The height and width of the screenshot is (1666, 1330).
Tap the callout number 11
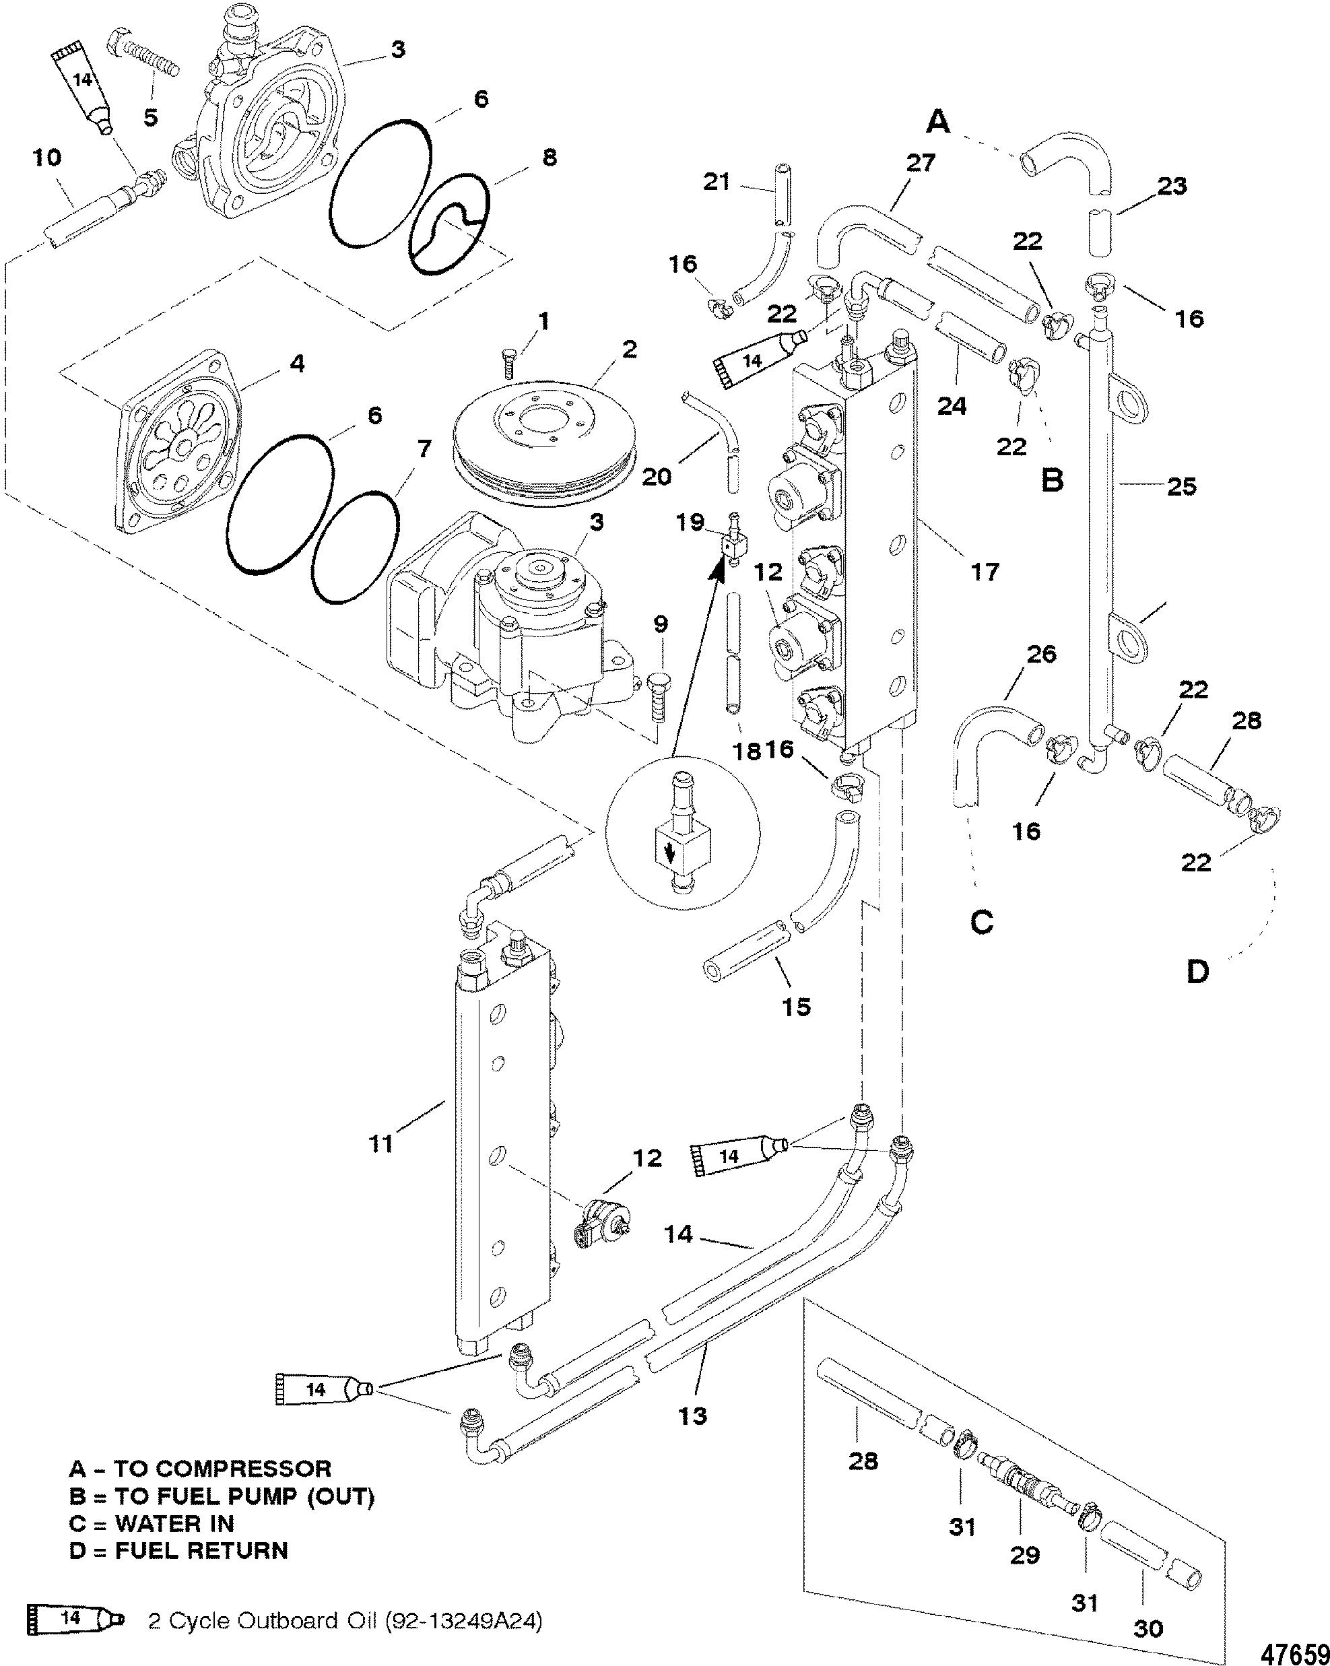381,1143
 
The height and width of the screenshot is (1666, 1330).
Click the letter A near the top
937,121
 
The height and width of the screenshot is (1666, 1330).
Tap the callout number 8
550,158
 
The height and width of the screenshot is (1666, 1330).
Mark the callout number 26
1041,655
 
